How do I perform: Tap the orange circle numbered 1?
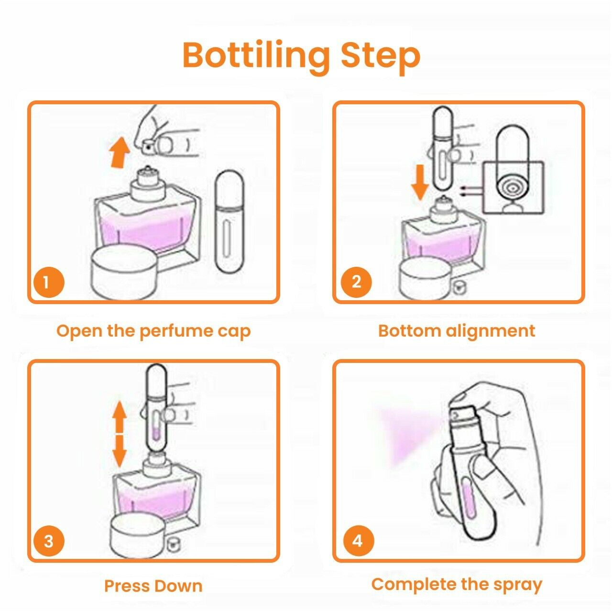(48, 282)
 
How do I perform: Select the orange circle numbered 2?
(356, 282)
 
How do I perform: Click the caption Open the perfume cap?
(153, 331)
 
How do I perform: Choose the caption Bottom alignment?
(457, 331)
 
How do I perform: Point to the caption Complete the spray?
(457, 576)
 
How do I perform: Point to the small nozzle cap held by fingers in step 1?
(149, 147)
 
